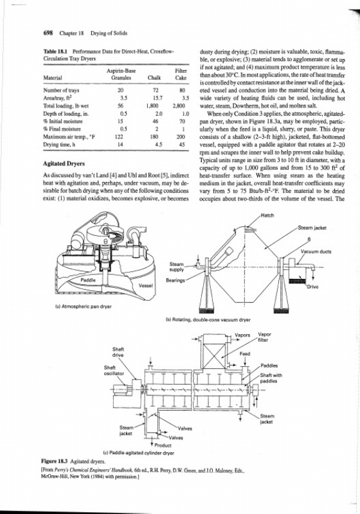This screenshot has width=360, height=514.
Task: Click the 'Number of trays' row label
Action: click(61, 90)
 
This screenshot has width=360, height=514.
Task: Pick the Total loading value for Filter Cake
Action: click(179, 106)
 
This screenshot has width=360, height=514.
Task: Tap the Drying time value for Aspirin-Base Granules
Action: click(120, 145)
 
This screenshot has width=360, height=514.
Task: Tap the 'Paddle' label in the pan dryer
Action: click(88, 280)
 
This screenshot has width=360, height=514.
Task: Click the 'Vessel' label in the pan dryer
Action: click(145, 285)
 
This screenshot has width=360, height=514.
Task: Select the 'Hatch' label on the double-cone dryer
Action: click(267, 215)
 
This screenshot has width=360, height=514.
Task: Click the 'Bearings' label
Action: click(175, 280)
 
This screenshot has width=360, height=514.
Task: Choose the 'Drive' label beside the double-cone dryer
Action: click(313, 287)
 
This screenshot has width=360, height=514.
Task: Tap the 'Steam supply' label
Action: click(176, 267)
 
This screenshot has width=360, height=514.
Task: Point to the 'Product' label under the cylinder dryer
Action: click(163, 445)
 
